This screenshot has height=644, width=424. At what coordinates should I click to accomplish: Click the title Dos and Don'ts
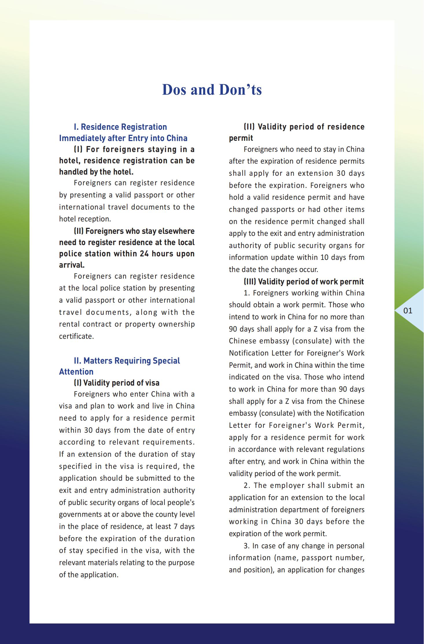[212, 90]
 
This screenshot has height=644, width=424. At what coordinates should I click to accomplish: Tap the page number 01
[408, 311]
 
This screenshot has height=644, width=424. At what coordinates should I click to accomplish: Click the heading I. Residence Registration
[120, 127]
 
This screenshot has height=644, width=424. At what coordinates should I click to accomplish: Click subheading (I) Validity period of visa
[117, 383]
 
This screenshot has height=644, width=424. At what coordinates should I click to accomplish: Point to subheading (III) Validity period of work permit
[304, 282]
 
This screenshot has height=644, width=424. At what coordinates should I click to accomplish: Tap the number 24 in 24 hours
[144, 254]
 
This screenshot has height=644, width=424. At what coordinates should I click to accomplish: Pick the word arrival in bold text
[71, 265]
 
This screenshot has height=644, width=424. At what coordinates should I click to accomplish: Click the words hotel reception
[85, 219]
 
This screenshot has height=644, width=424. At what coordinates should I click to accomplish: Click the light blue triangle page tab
[411, 311]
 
